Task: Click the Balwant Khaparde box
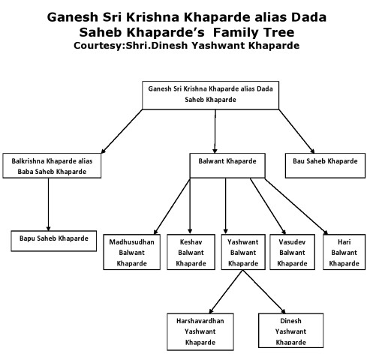coord(227,166)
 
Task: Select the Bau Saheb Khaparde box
coord(325,166)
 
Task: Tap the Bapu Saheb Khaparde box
coord(54,241)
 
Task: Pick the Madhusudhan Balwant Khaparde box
coord(132,252)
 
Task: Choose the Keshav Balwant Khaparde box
coord(191,252)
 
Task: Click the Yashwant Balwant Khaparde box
coord(243,252)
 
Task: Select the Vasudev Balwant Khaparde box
coord(292,252)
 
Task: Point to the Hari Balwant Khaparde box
coord(344,252)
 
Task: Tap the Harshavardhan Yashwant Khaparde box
coord(200,331)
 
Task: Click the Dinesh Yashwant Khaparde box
coord(290,331)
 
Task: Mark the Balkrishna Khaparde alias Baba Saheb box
coord(52,166)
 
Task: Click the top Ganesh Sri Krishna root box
coord(210,95)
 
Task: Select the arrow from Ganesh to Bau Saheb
coord(296,131)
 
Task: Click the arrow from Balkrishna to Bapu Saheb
coord(48,205)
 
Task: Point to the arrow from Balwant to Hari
coord(296,206)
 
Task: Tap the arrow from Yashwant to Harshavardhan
coord(226,292)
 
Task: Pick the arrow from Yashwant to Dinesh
coord(264,292)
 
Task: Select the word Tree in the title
coord(278,32)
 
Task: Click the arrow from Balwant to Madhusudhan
coord(172,206)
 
